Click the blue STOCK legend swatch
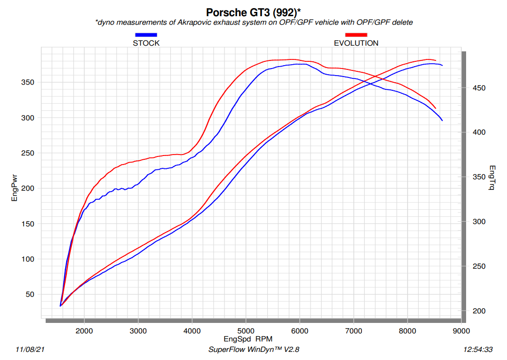(x=146, y=35)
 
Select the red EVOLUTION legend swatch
(x=356, y=35)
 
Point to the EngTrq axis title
(x=492, y=177)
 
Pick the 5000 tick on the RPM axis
(x=246, y=331)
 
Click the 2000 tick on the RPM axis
(x=84, y=331)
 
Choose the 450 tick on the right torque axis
(x=478, y=88)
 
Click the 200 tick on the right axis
(x=478, y=311)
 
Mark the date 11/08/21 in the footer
(x=30, y=350)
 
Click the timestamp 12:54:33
(x=478, y=350)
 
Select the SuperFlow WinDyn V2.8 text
(x=253, y=350)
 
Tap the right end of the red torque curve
(x=436, y=108)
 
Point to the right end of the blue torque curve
(x=442, y=120)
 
